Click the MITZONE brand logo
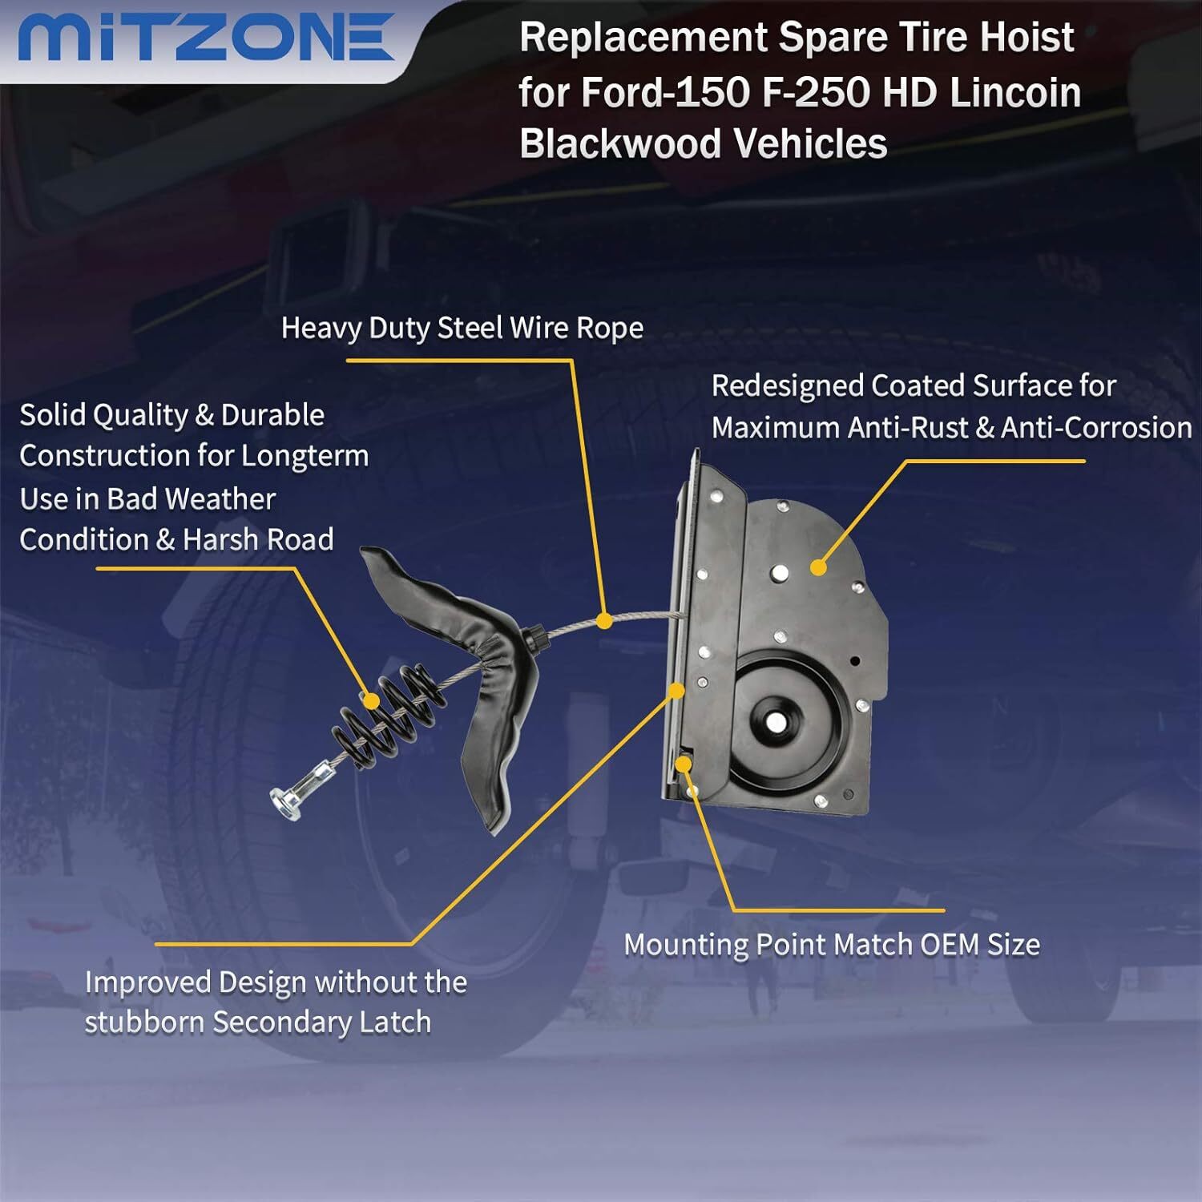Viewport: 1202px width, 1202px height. (x=206, y=38)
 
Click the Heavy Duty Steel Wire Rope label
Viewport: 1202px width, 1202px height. (x=462, y=329)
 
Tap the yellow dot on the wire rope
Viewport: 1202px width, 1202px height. (x=604, y=620)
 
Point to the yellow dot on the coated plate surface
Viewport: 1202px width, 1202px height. (x=817, y=567)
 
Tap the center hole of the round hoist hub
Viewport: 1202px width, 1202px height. (x=775, y=720)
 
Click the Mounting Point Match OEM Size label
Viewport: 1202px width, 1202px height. (x=832, y=946)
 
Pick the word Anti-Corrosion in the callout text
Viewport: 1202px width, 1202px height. (x=1096, y=428)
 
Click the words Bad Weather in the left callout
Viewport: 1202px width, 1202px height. (x=192, y=499)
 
